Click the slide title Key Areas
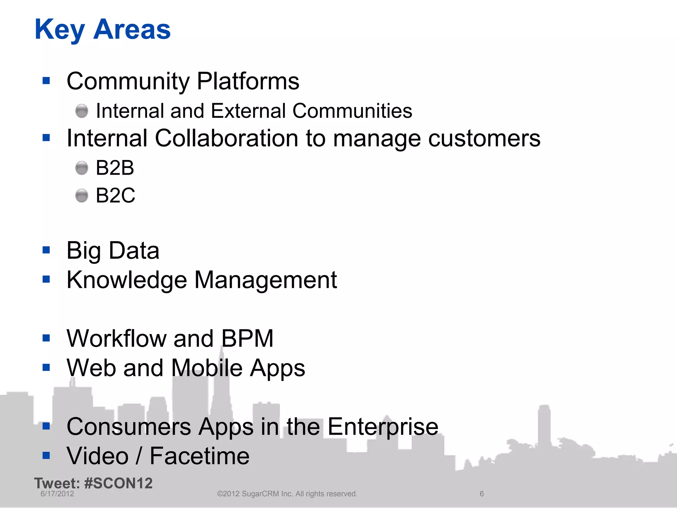click(102, 30)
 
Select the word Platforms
click(248, 81)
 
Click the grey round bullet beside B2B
click(82, 168)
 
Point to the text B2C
click(115, 195)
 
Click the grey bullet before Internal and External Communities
click(82, 111)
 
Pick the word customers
click(484, 139)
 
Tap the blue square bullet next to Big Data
click(46, 250)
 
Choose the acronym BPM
click(247, 339)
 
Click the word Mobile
click(207, 368)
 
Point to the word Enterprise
click(383, 427)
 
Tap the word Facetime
click(199, 456)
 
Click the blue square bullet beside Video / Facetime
click(46, 456)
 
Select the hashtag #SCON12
click(118, 484)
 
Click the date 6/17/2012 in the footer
click(57, 494)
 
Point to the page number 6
click(482, 494)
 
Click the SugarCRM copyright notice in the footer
click(287, 494)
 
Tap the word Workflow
click(116, 339)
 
